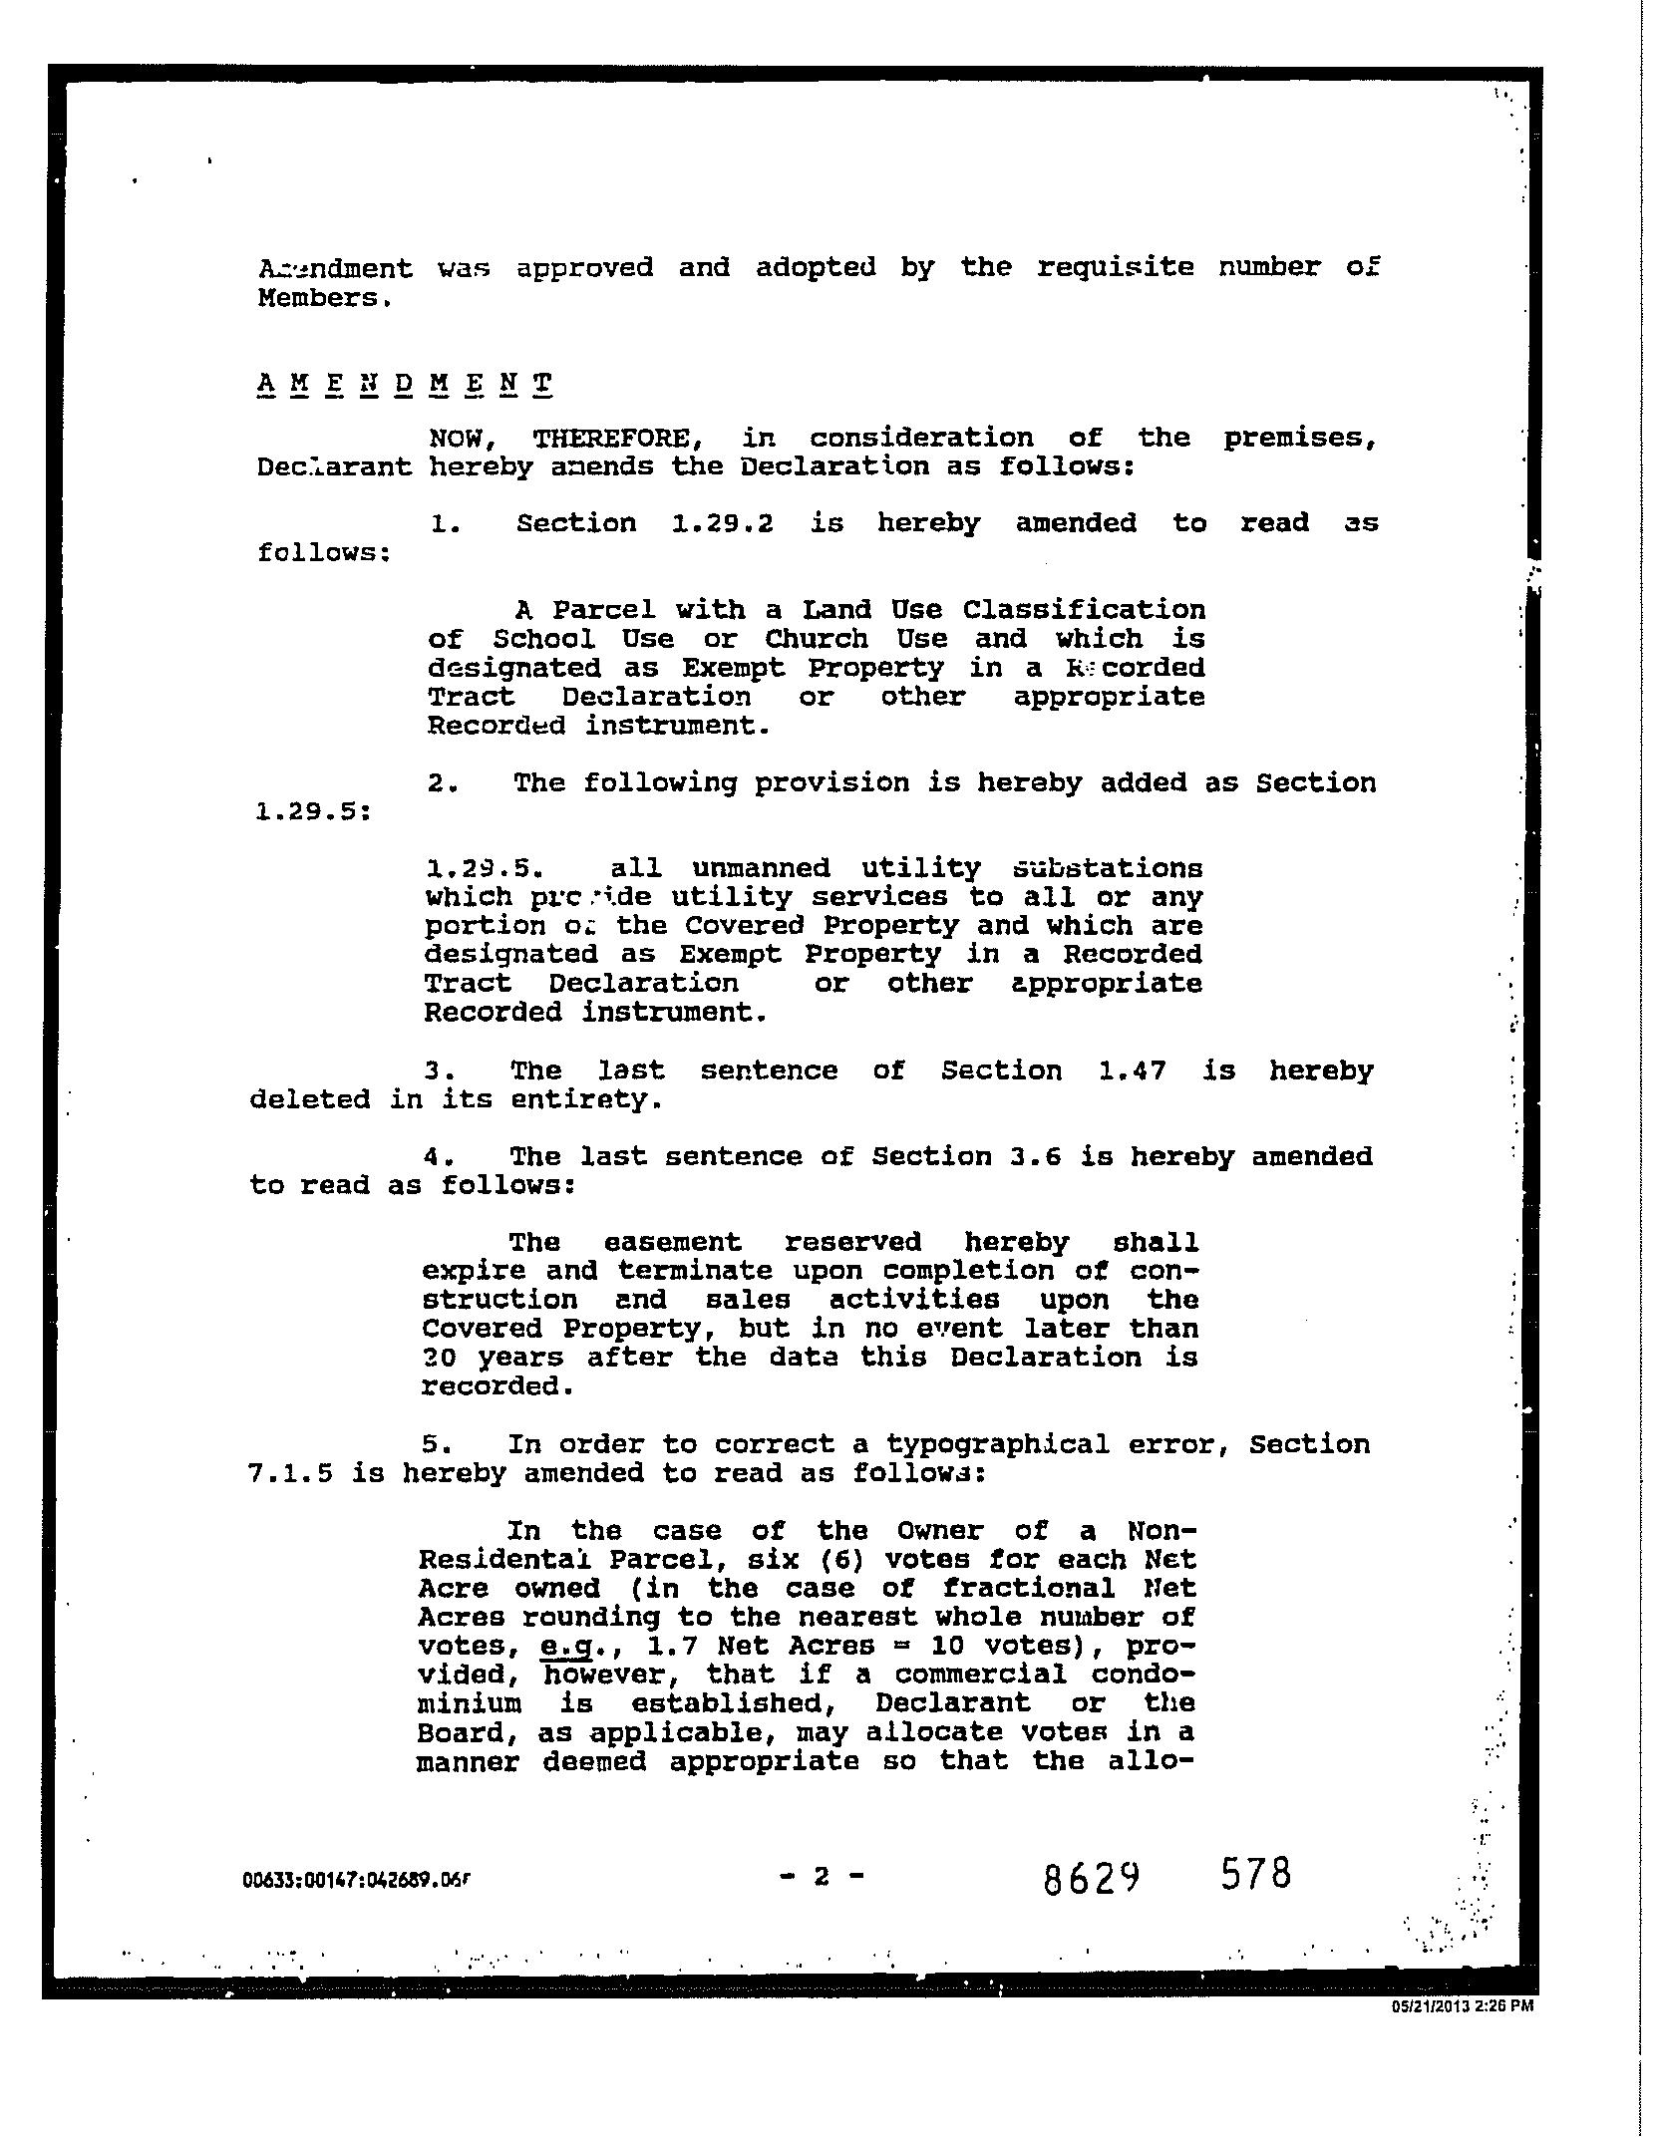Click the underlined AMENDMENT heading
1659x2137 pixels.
click(x=404, y=384)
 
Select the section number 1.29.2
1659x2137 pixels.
click(x=723, y=523)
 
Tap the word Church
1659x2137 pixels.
click(x=818, y=639)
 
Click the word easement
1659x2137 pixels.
click(x=673, y=1243)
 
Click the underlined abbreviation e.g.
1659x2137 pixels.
click(x=566, y=1646)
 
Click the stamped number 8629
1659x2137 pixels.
click(x=1092, y=1880)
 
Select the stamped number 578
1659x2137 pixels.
click(x=1256, y=1874)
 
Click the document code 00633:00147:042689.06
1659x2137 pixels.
click(x=355, y=1881)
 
